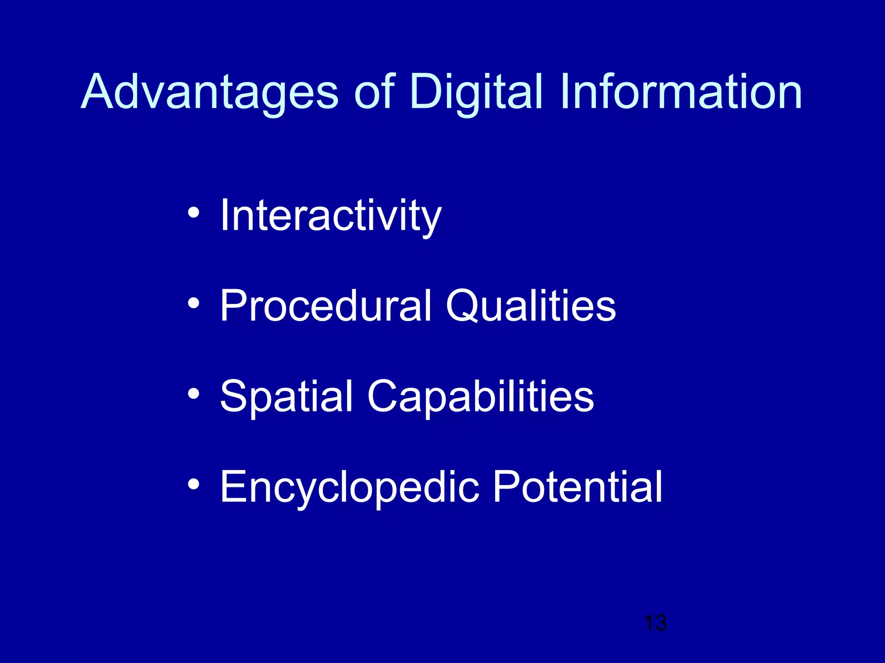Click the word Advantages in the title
pyautogui.click(x=210, y=93)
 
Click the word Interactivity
pyautogui.click(x=331, y=216)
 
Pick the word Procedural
pyautogui.click(x=325, y=306)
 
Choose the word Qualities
pyautogui.click(x=531, y=306)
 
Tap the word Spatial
pyautogui.click(x=287, y=397)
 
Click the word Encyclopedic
pyautogui.click(x=350, y=488)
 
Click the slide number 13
pyautogui.click(x=655, y=623)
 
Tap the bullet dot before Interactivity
pyautogui.click(x=194, y=212)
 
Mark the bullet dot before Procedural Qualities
pyautogui.click(x=194, y=303)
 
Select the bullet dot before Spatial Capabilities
pyautogui.click(x=194, y=394)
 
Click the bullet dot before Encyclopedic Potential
pyautogui.click(x=194, y=484)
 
